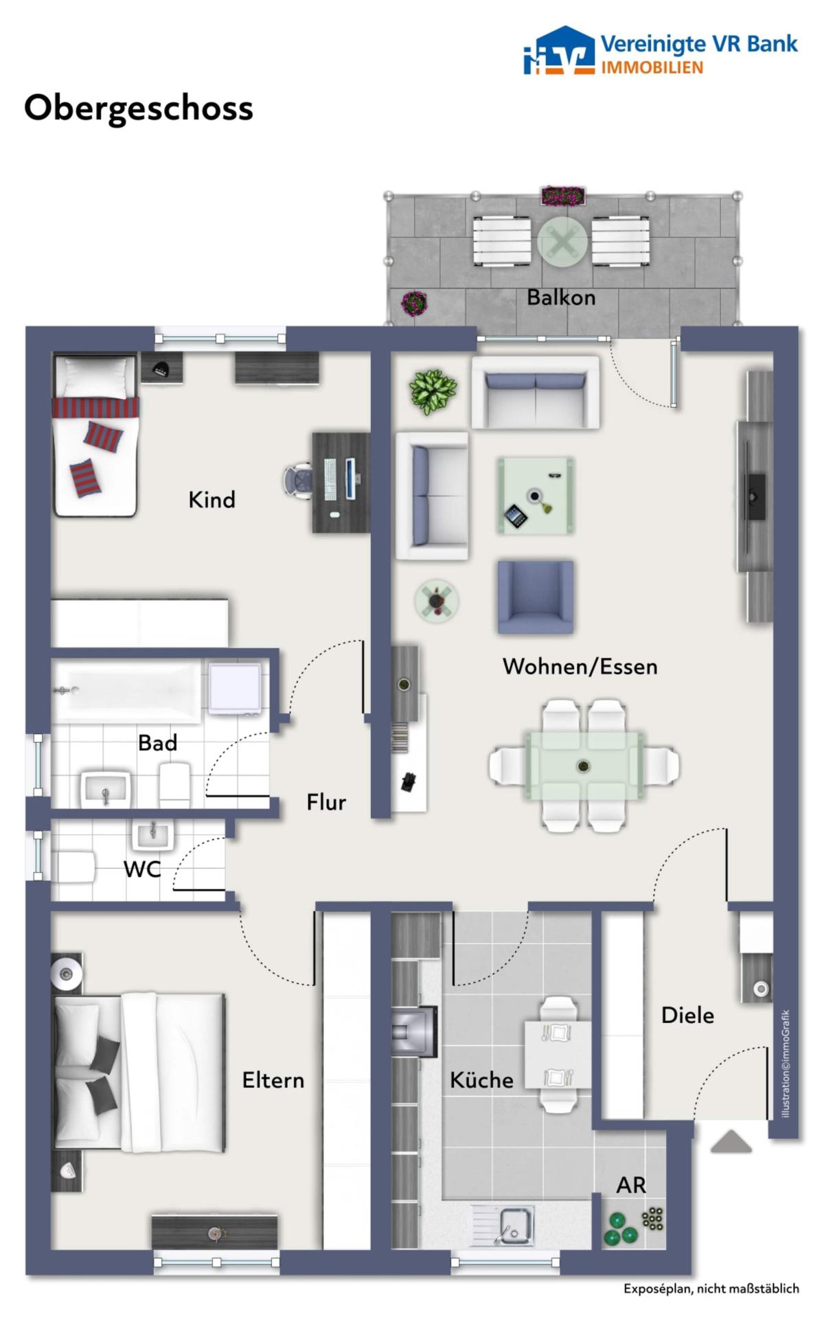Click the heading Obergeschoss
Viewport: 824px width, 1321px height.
coord(139,108)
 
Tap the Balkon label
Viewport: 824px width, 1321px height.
coord(561,297)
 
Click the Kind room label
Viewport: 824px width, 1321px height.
coord(211,499)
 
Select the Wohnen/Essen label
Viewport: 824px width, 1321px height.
coord(580,666)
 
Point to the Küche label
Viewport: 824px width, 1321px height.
coord(481,1079)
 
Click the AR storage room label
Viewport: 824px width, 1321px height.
coord(631,1185)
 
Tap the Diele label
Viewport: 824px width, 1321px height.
coord(687,1015)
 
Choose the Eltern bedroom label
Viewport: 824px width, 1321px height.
coord(273,1080)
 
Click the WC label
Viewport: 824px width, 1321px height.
coord(142,869)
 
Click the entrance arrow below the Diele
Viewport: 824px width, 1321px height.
coord(731,1141)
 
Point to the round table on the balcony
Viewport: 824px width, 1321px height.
coord(562,242)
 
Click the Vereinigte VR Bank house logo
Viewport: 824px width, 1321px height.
coord(558,51)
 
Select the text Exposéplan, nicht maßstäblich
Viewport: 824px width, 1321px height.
coord(711,1289)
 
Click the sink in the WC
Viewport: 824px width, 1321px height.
coord(152,835)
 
